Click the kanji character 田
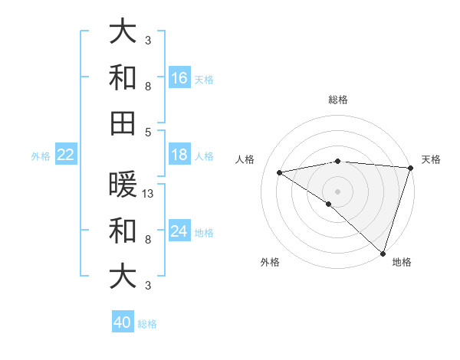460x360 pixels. [x=123, y=123]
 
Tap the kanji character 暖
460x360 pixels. [x=123, y=185]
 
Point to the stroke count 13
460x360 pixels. [x=149, y=193]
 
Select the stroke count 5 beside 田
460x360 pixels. [x=148, y=131]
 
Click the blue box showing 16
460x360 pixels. [x=179, y=77]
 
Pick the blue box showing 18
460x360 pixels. [x=179, y=155]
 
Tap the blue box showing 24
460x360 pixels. [x=179, y=231]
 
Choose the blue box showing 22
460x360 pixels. [x=66, y=155]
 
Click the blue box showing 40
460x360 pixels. [x=123, y=322]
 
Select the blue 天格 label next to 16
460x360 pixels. [x=204, y=79]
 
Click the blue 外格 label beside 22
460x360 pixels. [x=41, y=156]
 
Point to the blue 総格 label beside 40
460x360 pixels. [x=147, y=324]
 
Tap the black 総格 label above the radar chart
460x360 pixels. [x=338, y=100]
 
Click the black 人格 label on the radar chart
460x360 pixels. [x=245, y=159]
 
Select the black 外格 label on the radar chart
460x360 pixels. [x=270, y=262]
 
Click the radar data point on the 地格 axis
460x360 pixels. [x=383, y=253]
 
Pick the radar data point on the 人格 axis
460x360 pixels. [x=280, y=172]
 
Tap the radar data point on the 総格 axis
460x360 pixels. [x=338, y=161]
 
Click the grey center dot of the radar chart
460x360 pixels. [x=338, y=191]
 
